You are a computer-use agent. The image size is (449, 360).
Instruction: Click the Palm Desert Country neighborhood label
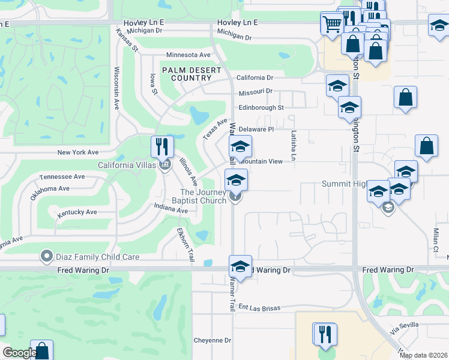pos(191,74)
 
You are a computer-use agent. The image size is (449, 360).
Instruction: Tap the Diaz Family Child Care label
pos(98,257)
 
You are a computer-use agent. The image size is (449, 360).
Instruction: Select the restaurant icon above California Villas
pos(162,147)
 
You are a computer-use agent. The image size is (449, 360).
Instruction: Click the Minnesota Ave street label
pos(188,55)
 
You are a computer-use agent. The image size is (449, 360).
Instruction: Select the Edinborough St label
pos(261,108)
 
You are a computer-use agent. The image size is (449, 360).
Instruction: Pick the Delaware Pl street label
pos(256,129)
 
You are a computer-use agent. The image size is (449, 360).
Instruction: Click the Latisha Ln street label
pos(294,146)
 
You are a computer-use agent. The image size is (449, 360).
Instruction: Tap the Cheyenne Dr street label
pos(212,340)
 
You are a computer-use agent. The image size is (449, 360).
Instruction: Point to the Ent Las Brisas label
pos(259,308)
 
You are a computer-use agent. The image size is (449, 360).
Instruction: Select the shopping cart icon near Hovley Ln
pos(331,24)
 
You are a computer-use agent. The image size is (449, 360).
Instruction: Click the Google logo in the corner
pos(20,353)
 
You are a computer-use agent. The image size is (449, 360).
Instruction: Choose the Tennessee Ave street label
pos(62,177)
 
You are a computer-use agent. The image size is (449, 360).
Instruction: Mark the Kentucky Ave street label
pos(77,212)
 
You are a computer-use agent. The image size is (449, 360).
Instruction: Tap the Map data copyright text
pos(424,356)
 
